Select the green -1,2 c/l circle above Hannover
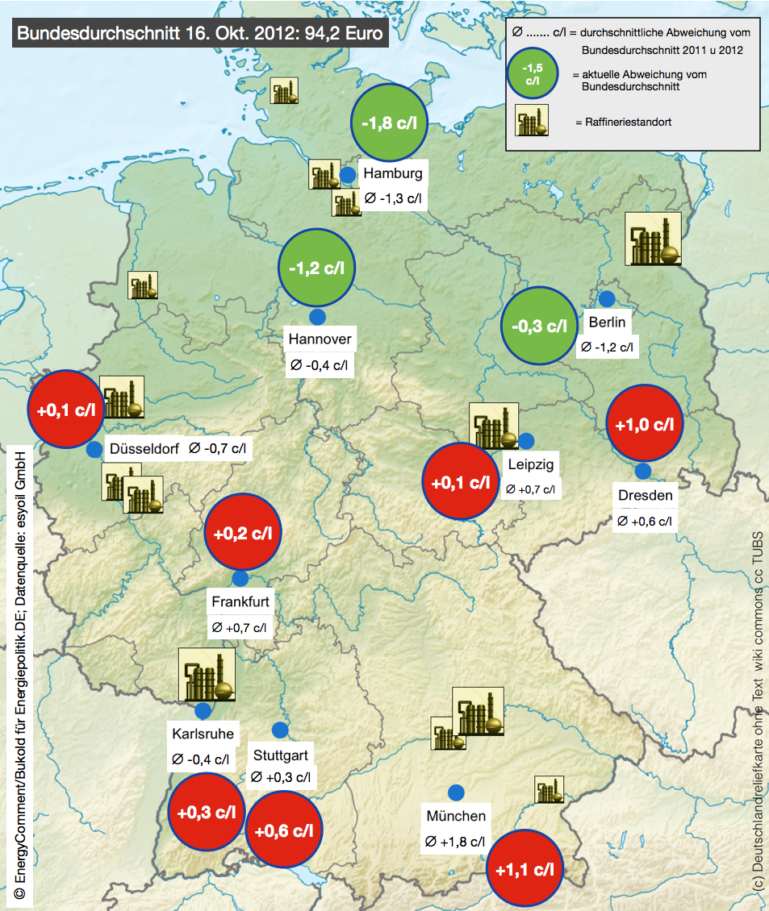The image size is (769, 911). [x=316, y=268]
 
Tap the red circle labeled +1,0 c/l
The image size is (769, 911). [x=644, y=424]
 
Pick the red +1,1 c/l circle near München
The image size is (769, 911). [x=525, y=869]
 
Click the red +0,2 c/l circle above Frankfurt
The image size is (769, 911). [x=243, y=532]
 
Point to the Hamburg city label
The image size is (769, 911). [x=392, y=173]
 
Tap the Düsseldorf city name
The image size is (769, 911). [x=144, y=449]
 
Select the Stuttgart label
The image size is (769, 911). [x=279, y=756]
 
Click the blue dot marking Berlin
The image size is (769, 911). [x=606, y=298]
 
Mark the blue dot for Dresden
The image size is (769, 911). [x=643, y=472]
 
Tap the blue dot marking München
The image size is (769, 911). [x=456, y=792]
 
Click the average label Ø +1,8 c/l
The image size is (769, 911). [x=454, y=842]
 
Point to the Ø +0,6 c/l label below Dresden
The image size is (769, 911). [x=644, y=521]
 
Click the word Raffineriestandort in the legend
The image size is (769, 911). [x=623, y=123]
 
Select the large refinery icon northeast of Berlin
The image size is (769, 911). [x=654, y=239]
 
